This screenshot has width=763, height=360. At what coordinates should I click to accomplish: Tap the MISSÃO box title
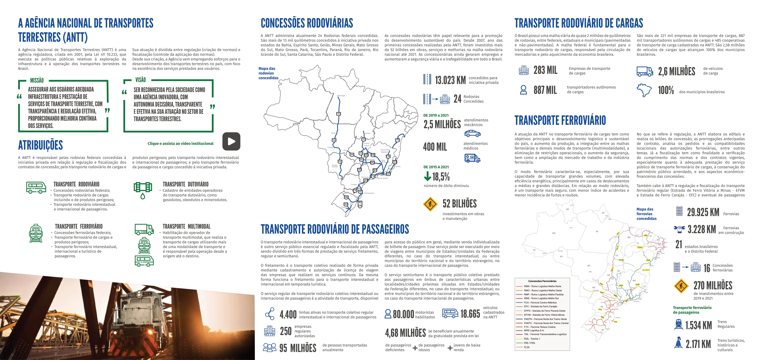click(37, 80)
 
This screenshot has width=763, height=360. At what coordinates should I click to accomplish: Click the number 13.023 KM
click(450, 80)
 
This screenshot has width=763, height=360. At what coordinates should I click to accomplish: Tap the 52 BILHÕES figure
click(459, 204)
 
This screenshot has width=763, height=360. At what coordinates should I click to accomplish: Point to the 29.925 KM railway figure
click(703, 212)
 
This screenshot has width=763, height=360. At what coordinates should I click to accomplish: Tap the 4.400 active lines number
click(288, 314)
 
